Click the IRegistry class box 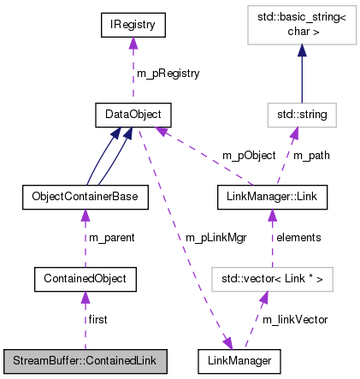coord(133,27)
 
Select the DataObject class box coord(133,113)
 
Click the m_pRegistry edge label coord(169,74)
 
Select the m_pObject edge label coord(249,155)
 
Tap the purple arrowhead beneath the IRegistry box coord(133,44)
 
